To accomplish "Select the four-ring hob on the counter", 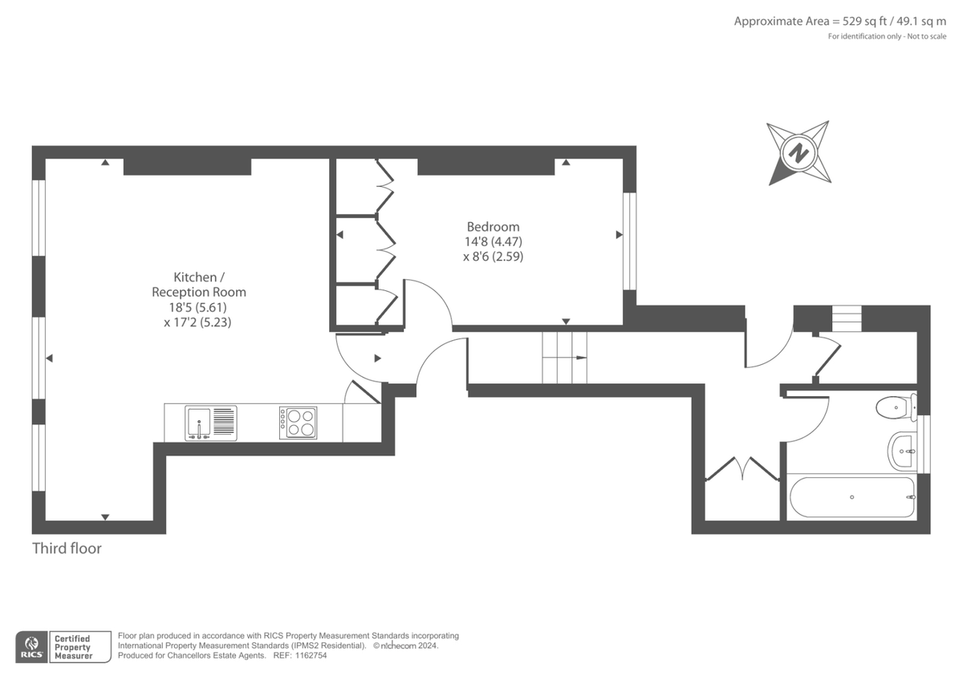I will pos(298,423).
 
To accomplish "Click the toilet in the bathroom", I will pos(893,407).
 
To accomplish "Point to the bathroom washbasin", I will pos(903,451).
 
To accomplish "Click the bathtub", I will pos(851,497).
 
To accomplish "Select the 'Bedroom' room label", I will pos(493,227).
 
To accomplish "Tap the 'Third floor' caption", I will pos(67,549).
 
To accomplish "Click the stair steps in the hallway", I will pos(565,358).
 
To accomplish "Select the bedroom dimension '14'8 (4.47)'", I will pos(493,242).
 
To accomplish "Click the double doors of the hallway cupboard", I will pos(742,469).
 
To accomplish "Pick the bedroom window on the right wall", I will pos(630,241).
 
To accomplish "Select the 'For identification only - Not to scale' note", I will pos(887,37).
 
